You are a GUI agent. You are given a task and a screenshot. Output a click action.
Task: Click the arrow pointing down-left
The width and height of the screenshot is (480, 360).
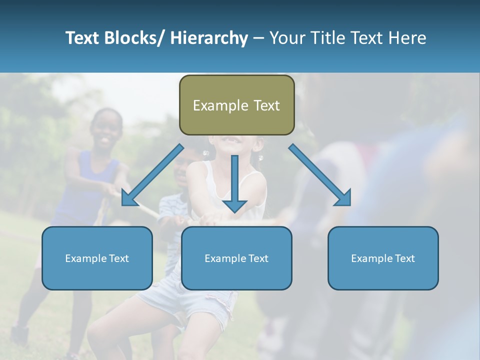(x=152, y=175)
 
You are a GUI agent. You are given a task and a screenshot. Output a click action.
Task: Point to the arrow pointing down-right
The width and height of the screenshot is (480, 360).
(x=320, y=175)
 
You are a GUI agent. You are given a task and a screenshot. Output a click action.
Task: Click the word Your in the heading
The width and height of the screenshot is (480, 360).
(x=287, y=38)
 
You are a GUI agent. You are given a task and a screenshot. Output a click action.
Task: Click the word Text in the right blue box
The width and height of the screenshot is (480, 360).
(x=404, y=258)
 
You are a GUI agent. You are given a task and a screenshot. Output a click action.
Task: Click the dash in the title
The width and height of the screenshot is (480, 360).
(x=258, y=38)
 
